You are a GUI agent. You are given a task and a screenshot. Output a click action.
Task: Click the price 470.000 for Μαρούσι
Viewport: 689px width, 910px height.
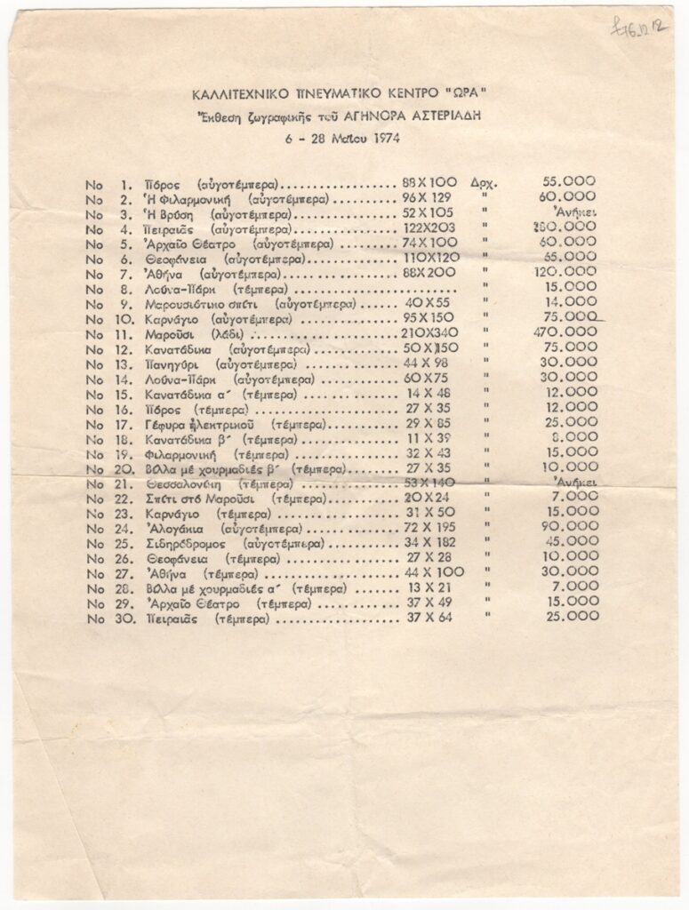[570, 331]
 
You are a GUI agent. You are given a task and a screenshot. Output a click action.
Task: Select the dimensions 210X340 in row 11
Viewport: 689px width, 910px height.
[429, 332]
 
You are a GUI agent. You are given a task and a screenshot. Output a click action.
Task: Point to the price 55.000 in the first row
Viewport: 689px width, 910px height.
[569, 181]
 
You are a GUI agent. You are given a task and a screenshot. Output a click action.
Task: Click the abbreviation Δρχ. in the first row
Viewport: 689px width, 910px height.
[485, 183]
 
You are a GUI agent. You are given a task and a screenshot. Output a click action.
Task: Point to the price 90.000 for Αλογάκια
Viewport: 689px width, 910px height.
[570, 526]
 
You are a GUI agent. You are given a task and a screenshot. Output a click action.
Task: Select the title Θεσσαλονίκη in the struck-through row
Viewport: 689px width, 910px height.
[188, 483]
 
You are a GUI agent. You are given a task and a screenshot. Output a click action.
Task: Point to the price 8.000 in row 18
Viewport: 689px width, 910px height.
[573, 437]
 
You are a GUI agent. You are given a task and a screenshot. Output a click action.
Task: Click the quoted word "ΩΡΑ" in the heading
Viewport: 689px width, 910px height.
[463, 93]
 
